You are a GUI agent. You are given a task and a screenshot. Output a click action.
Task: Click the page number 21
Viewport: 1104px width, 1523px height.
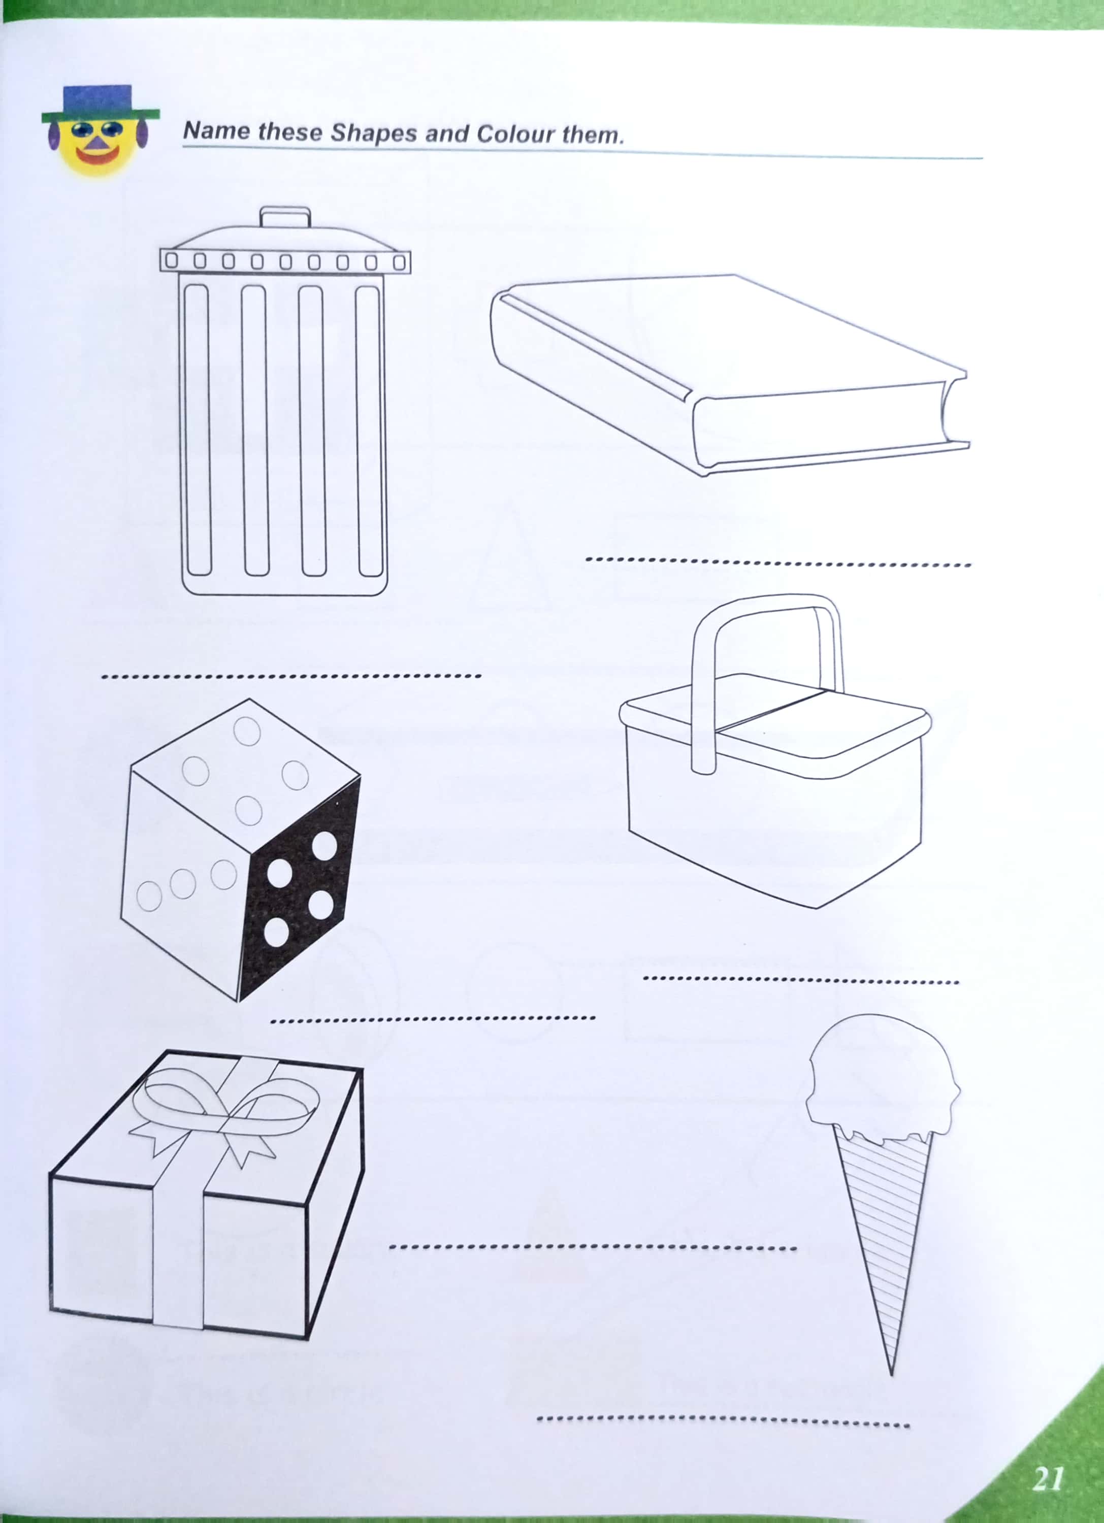click(1048, 1478)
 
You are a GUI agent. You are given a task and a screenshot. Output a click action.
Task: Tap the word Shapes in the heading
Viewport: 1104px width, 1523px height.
click(373, 133)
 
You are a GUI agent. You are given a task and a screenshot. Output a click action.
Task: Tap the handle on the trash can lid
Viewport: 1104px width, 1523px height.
click(285, 217)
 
